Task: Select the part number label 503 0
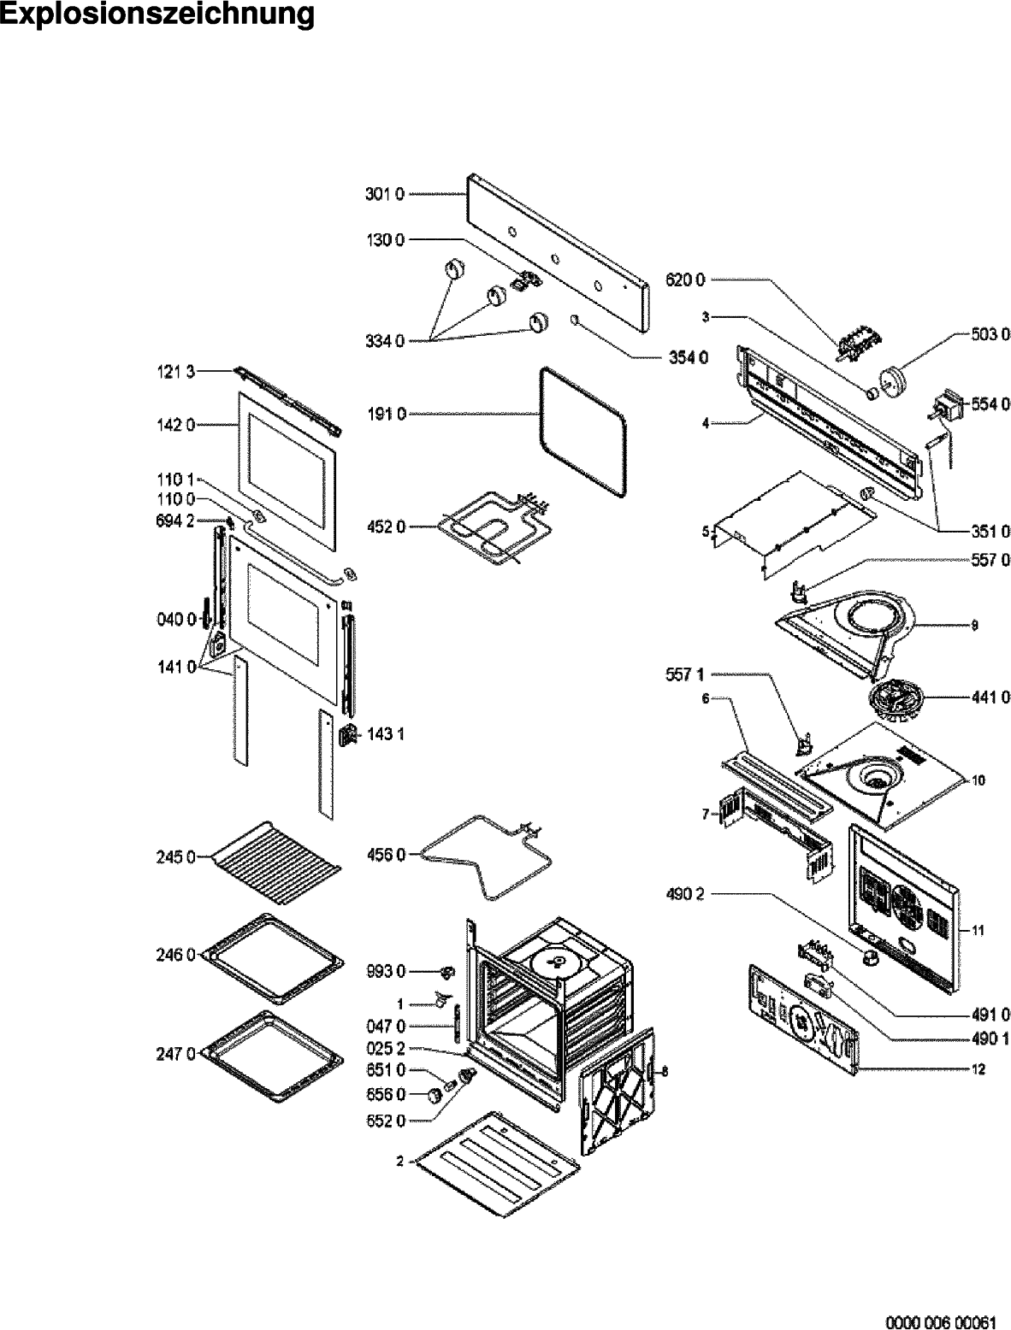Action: click(992, 333)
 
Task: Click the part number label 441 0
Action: click(992, 698)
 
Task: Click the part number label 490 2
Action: click(686, 895)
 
